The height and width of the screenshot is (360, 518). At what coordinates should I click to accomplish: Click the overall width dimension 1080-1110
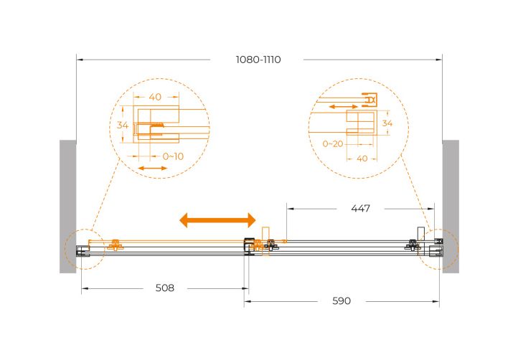coord(258,60)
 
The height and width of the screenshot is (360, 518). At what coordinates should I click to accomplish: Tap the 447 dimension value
coord(360,209)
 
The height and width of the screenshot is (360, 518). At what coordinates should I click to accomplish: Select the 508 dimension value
coord(164,288)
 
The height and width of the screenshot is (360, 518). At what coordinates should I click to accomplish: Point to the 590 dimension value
coord(342,301)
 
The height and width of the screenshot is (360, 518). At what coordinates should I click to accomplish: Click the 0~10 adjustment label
coord(173,156)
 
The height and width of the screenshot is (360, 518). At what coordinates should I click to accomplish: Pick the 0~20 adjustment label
coord(333,143)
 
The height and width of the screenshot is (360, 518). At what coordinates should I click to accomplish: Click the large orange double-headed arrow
coord(217,220)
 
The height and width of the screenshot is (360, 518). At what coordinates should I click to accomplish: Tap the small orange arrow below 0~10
coord(153,169)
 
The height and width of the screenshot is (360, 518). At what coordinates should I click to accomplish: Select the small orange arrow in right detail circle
coord(344,107)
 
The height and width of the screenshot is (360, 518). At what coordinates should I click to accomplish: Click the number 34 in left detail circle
coord(123,125)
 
